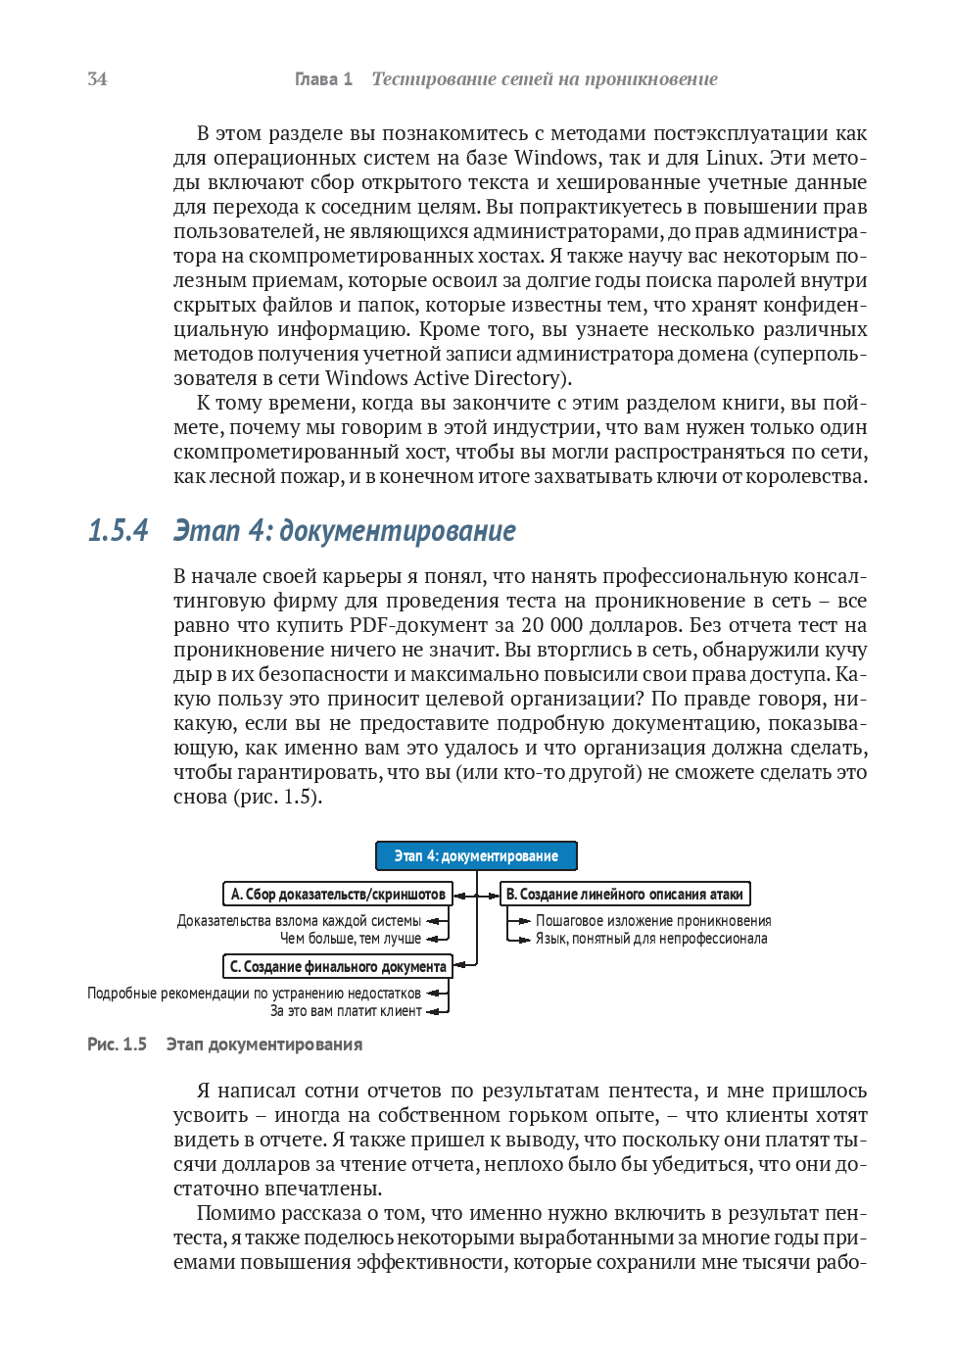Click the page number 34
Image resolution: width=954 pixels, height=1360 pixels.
[x=97, y=79]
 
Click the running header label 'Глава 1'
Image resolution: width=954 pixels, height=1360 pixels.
[x=323, y=79]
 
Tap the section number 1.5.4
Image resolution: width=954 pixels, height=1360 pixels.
[x=118, y=530]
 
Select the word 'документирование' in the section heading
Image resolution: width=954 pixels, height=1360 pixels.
[x=397, y=530]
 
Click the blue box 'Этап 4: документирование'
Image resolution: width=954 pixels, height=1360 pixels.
[x=476, y=855]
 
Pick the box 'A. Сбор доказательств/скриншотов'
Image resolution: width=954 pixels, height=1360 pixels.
[x=338, y=894]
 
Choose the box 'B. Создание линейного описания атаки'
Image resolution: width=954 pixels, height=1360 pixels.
[x=625, y=894]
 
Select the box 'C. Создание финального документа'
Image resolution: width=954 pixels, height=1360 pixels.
[x=338, y=966]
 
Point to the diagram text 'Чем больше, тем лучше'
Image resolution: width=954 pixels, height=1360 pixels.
[x=350, y=939]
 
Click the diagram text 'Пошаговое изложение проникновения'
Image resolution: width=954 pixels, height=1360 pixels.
[x=653, y=921]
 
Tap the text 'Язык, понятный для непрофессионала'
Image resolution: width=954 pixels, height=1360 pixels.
[x=651, y=939]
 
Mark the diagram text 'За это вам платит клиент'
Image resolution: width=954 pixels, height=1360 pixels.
[x=345, y=1011]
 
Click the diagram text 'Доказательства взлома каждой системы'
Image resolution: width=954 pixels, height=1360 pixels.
[x=299, y=921]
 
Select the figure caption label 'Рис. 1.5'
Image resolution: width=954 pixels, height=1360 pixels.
[x=117, y=1044]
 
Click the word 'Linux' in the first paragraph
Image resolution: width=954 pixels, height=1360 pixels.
[x=732, y=158]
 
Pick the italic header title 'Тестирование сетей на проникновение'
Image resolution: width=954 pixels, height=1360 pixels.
[x=545, y=79]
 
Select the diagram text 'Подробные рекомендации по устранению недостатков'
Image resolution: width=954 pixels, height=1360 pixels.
[x=254, y=994]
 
